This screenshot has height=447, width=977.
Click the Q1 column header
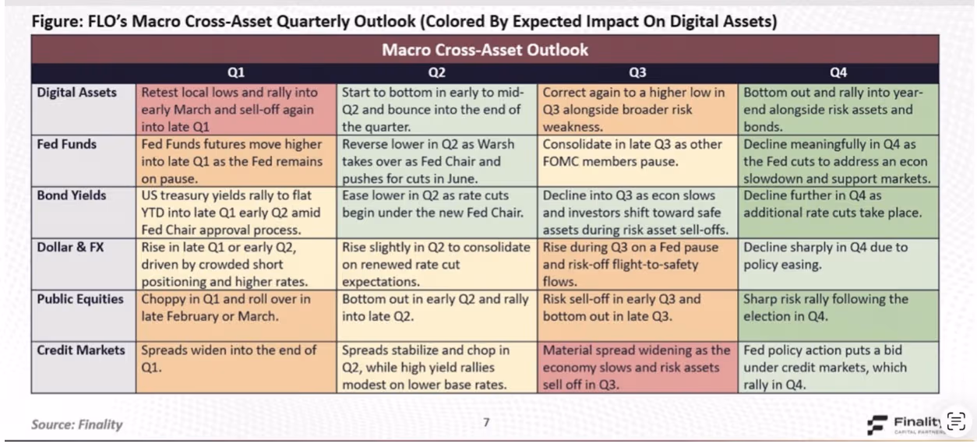236,73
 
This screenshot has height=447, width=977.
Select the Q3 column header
637,73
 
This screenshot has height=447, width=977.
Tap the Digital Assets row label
77,93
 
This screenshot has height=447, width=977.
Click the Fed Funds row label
66,145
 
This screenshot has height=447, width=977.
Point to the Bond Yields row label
72,196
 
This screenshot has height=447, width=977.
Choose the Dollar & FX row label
71,248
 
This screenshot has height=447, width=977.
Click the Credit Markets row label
81,350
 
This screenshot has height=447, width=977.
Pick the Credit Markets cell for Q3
637,367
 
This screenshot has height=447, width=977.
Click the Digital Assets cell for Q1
236,110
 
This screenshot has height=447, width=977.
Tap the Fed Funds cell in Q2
436,161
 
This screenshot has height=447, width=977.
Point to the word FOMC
563,162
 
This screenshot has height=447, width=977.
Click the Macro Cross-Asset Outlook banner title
485,51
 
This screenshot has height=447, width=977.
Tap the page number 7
486,423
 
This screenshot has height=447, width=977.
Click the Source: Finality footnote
76,424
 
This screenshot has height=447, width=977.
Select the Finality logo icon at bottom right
878,424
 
